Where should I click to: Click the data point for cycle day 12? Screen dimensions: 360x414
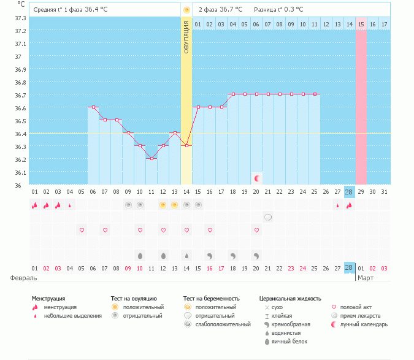click(163, 146)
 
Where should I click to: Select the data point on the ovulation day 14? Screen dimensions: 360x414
click(186, 146)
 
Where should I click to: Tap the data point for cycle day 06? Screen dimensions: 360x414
click(93, 107)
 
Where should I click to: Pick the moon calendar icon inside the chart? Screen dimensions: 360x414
click(257, 178)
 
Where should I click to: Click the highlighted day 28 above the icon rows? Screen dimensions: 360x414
click(349, 192)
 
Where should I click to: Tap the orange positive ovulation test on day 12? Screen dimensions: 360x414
click(163, 205)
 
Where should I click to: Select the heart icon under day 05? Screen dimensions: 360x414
click(82, 230)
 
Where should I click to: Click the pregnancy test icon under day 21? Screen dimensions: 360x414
click(268, 217)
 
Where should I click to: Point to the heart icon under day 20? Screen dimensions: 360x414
click(256, 230)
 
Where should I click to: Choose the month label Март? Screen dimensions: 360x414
click(366, 278)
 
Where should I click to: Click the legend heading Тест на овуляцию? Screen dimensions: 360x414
click(134, 299)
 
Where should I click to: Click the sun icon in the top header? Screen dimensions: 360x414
click(186, 10)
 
